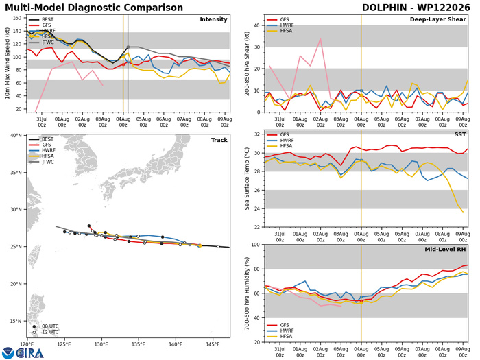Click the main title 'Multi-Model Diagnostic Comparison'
(94, 8)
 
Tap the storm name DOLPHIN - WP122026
(416, 8)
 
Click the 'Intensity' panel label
(213, 19)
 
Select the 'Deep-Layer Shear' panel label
(437, 19)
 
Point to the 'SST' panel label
(460, 134)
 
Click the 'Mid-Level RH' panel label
(445, 250)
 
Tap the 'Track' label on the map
(219, 140)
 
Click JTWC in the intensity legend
(48, 43)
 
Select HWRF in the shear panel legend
(287, 25)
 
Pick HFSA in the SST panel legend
(286, 146)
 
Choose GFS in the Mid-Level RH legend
(285, 325)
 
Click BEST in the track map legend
(47, 139)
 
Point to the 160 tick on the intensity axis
(17, 18)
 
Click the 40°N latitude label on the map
(16, 135)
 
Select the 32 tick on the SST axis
(257, 134)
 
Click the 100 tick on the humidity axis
(256, 245)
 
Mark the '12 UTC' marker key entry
(50, 332)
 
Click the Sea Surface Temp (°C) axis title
(247, 179)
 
